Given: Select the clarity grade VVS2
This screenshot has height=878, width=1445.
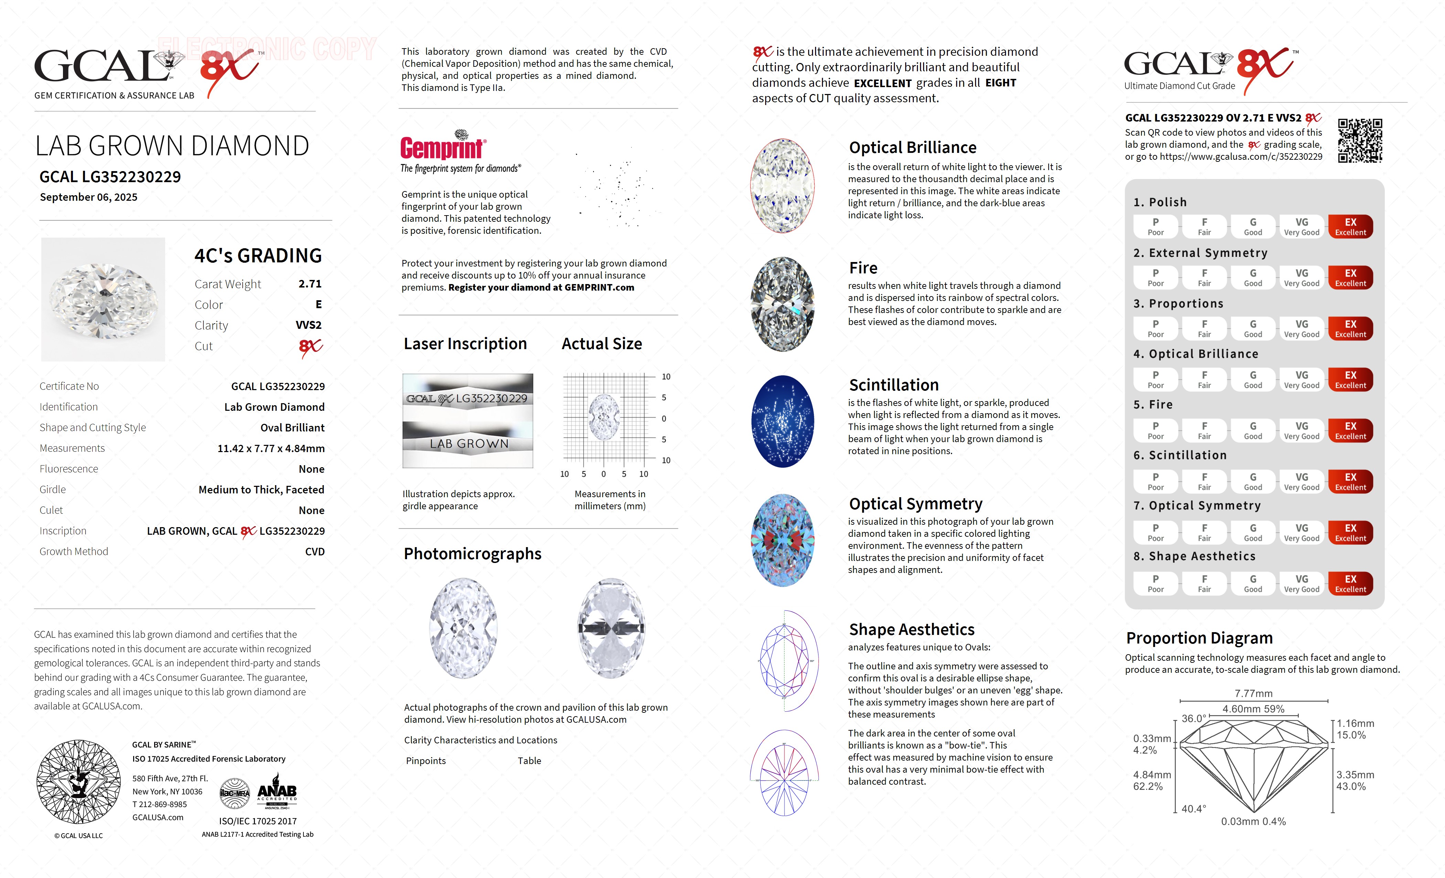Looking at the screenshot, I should [x=309, y=325].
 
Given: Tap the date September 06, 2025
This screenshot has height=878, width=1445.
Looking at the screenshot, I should [x=88, y=197].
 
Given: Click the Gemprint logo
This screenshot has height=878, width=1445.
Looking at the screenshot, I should [x=443, y=147].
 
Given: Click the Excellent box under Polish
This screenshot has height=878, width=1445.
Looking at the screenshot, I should [x=1350, y=227].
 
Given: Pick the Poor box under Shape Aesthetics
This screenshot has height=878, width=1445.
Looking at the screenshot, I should [x=1155, y=583].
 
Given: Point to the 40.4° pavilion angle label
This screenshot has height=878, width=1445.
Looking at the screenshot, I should [x=1194, y=809].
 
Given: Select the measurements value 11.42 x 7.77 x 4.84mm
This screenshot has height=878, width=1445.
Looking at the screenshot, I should [x=271, y=448].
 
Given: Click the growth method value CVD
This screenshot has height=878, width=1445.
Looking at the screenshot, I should [x=314, y=552].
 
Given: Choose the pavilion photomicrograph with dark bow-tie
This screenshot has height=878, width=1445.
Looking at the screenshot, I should [x=611, y=628].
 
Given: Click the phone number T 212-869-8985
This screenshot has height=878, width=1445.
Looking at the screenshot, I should [x=160, y=805].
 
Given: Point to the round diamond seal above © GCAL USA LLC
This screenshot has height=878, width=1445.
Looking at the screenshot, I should [x=78, y=781].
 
